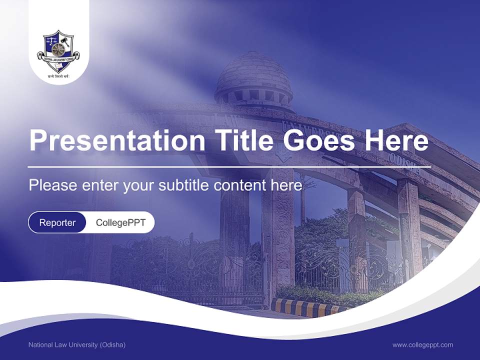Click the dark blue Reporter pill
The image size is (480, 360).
57,222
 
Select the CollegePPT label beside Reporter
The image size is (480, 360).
120,222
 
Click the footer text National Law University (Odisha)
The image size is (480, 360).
77,345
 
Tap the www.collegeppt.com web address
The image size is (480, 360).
422,345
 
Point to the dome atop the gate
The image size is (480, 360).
253,75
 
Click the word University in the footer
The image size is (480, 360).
85,345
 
